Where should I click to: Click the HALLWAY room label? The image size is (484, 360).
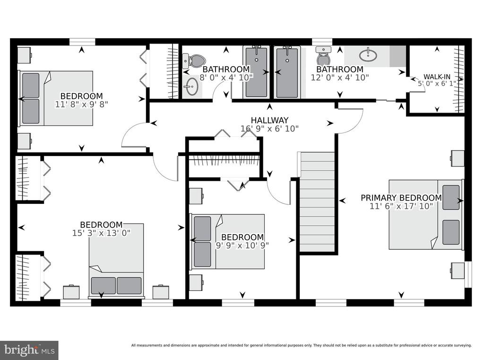point(269,120)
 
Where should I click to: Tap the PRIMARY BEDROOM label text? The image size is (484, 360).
point(401,197)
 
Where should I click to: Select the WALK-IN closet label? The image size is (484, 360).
point(437,77)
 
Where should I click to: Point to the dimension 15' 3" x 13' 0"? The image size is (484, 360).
point(101,233)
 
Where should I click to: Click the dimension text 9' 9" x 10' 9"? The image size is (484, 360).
point(242,245)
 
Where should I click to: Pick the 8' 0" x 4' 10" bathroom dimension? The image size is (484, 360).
point(226,77)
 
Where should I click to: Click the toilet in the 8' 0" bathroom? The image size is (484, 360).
point(194,61)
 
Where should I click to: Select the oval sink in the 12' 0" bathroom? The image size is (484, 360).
point(368,55)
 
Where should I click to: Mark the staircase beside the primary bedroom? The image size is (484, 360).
point(317,202)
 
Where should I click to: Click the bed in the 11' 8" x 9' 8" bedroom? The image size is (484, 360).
point(56,98)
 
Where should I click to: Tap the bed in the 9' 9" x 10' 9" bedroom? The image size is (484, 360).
point(228,241)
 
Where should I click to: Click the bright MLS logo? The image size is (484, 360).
point(29,350)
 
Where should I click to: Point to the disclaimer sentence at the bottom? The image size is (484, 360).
point(301,345)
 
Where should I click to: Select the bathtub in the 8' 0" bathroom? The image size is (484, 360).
point(256,72)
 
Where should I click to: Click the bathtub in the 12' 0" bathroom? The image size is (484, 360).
point(287,72)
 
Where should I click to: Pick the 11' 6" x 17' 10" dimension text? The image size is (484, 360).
point(401,206)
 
